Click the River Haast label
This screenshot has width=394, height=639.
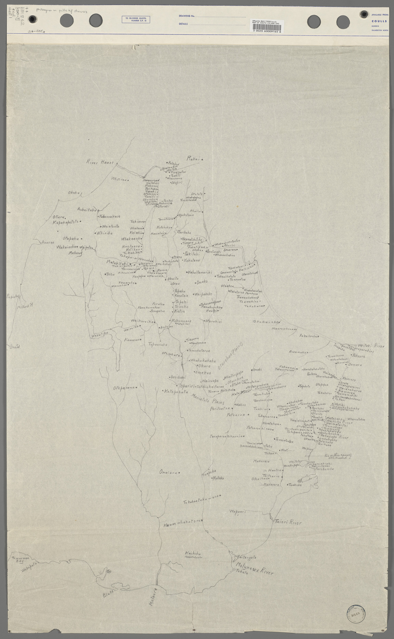pyautogui.click(x=100, y=162)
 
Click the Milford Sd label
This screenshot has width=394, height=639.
pyautogui.click(x=26, y=306)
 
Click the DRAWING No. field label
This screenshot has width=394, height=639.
pyautogui.click(x=187, y=16)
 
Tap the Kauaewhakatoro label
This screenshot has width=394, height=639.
pyautogui.click(x=182, y=526)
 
